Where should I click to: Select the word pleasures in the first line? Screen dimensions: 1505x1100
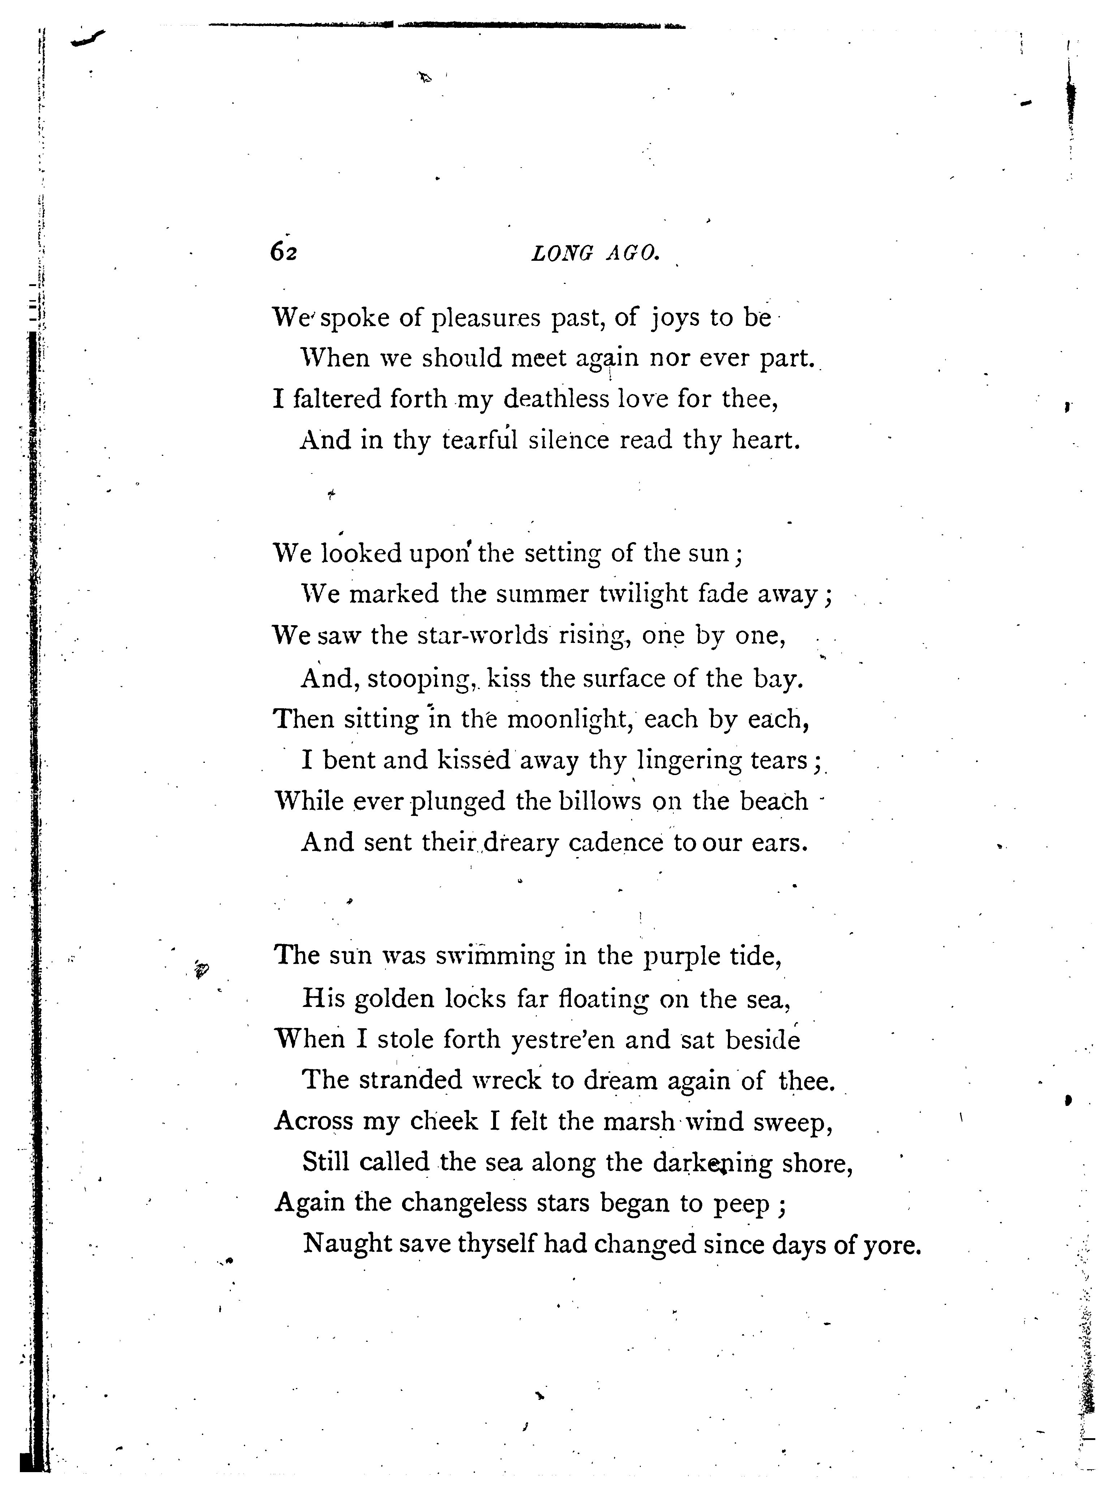pos(486,318)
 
